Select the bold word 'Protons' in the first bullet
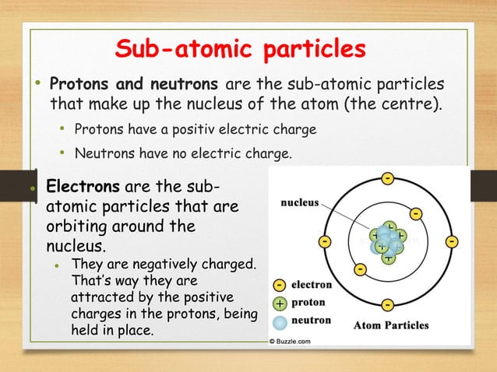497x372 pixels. click(x=79, y=83)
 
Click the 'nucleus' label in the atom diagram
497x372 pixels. click(x=300, y=203)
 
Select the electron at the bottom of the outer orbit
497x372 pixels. click(x=387, y=304)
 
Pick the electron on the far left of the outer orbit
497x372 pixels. click(x=323, y=242)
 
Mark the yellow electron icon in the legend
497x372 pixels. click(x=279, y=286)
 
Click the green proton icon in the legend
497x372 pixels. click(x=279, y=303)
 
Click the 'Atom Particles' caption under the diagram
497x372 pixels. click(x=391, y=325)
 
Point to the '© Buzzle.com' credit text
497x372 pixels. click(x=290, y=341)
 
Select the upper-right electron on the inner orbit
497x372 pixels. click(x=416, y=212)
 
